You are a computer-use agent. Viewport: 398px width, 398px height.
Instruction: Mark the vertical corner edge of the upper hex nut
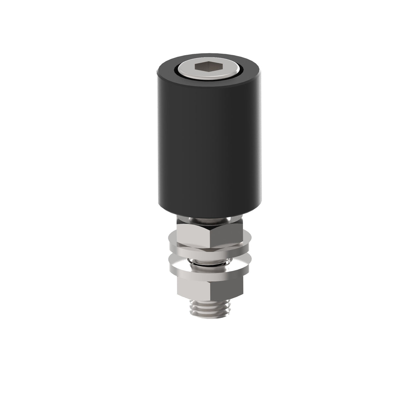point(210,236)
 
